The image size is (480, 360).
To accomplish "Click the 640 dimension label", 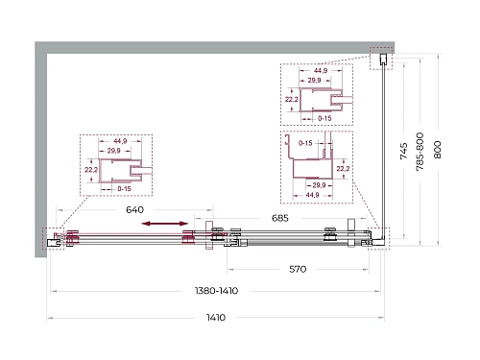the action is pos(134,210).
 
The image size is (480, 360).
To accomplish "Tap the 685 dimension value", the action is pos(280,218).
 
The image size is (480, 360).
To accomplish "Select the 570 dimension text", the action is pos(298,269).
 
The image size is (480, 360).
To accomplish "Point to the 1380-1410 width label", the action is pos(217,291).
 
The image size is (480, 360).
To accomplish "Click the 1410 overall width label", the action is pos(216,318).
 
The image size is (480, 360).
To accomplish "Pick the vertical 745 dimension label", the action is pos(404,151).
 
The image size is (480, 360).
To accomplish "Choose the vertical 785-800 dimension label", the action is pos(420,152).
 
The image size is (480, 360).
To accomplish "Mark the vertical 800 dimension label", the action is pos(438,150).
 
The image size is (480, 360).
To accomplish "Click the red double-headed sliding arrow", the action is pos(165,224).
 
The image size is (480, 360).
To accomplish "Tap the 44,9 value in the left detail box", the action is pos(120,141).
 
